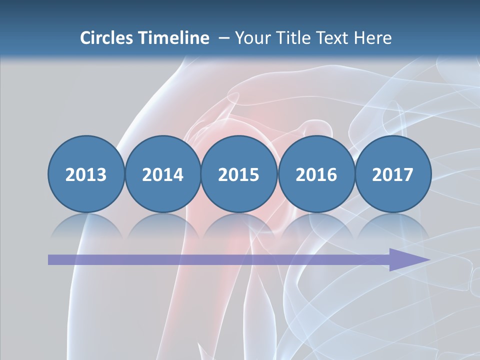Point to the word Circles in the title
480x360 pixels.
[107, 38]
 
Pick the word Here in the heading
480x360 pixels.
[373, 38]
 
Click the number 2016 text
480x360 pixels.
[316, 175]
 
